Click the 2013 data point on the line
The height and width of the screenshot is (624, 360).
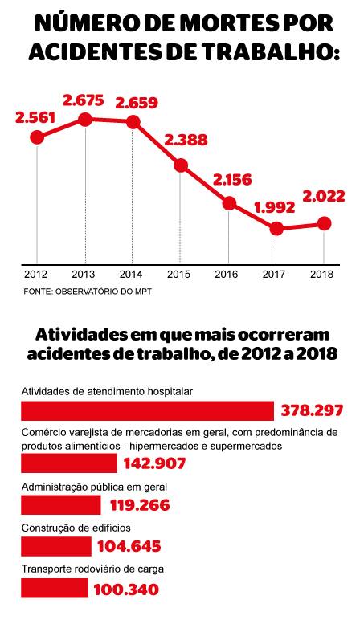85,119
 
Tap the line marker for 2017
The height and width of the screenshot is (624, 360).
276,228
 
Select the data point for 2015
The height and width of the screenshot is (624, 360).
181,165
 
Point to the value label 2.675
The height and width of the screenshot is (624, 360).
84,100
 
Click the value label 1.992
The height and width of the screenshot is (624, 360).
275,207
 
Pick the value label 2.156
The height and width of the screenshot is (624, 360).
232,180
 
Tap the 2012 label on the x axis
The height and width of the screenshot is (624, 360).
36,274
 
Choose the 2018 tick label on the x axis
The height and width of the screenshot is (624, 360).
321,274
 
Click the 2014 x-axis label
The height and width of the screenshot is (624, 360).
131,274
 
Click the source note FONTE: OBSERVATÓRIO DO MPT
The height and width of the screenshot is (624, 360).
88,292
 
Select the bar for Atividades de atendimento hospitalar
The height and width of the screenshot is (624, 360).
147,410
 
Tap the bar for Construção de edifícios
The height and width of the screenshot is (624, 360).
56,546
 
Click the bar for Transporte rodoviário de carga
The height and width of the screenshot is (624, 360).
55,588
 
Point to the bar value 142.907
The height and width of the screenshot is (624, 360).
154,463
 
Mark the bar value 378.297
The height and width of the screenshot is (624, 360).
313,410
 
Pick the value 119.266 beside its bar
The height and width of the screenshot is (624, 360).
140,505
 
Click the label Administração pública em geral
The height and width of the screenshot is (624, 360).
94,487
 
